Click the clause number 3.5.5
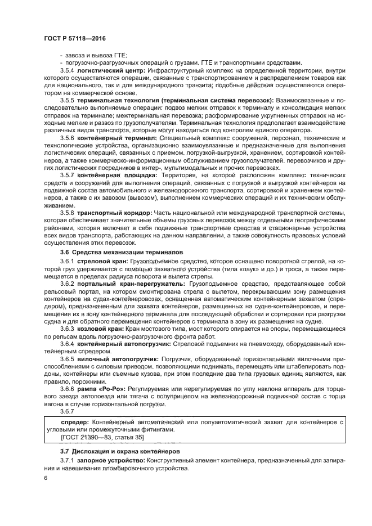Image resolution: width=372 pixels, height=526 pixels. click(x=67, y=99)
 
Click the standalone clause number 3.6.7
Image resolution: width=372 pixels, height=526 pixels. click(x=67, y=411)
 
